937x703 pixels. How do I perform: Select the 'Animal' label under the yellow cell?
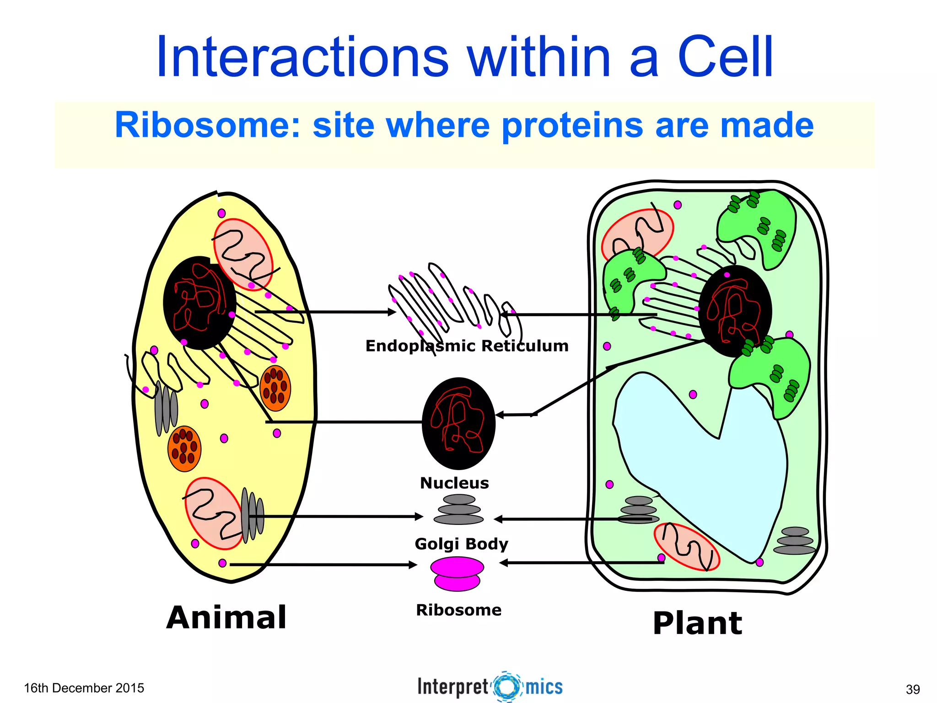pos(226,617)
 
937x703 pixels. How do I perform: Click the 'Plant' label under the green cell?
pos(697,623)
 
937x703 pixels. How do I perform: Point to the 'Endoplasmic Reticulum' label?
pos(467,346)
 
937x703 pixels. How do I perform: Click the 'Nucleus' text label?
pos(454,483)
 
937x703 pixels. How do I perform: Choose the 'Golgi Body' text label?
pos(461,544)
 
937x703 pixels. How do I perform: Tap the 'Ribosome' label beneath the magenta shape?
pos(458,610)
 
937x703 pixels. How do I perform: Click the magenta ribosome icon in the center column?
pos(457,573)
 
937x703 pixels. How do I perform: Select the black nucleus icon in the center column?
pos(458,423)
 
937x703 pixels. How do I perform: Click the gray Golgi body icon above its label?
pos(458,509)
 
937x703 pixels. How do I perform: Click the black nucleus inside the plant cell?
pos(735,311)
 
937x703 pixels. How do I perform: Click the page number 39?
pos(913,689)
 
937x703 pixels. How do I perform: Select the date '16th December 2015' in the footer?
pos(84,688)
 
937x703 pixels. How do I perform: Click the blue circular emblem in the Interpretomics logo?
pos(507,687)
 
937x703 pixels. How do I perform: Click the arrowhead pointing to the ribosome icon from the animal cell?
pos(413,565)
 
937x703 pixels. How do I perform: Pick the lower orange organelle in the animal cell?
pos(184,449)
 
